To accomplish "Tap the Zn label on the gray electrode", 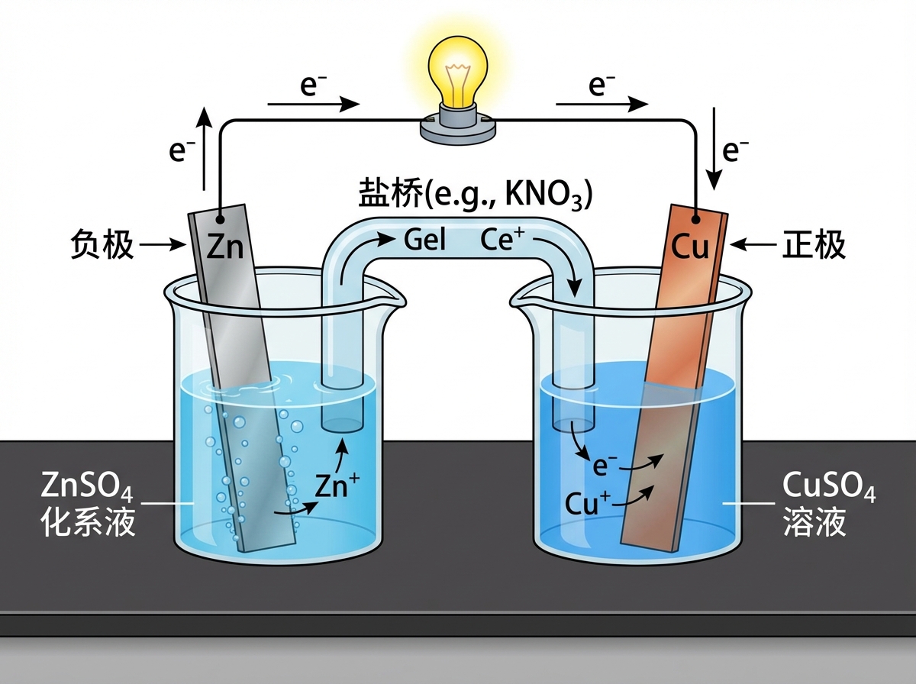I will pyautogui.click(x=224, y=247).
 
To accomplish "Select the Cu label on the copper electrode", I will pyautogui.click(x=691, y=247).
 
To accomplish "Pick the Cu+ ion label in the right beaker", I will pyautogui.click(x=588, y=503).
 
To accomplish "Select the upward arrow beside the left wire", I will pyautogui.click(x=204, y=148).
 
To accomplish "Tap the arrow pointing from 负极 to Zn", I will pyautogui.click(x=163, y=246).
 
